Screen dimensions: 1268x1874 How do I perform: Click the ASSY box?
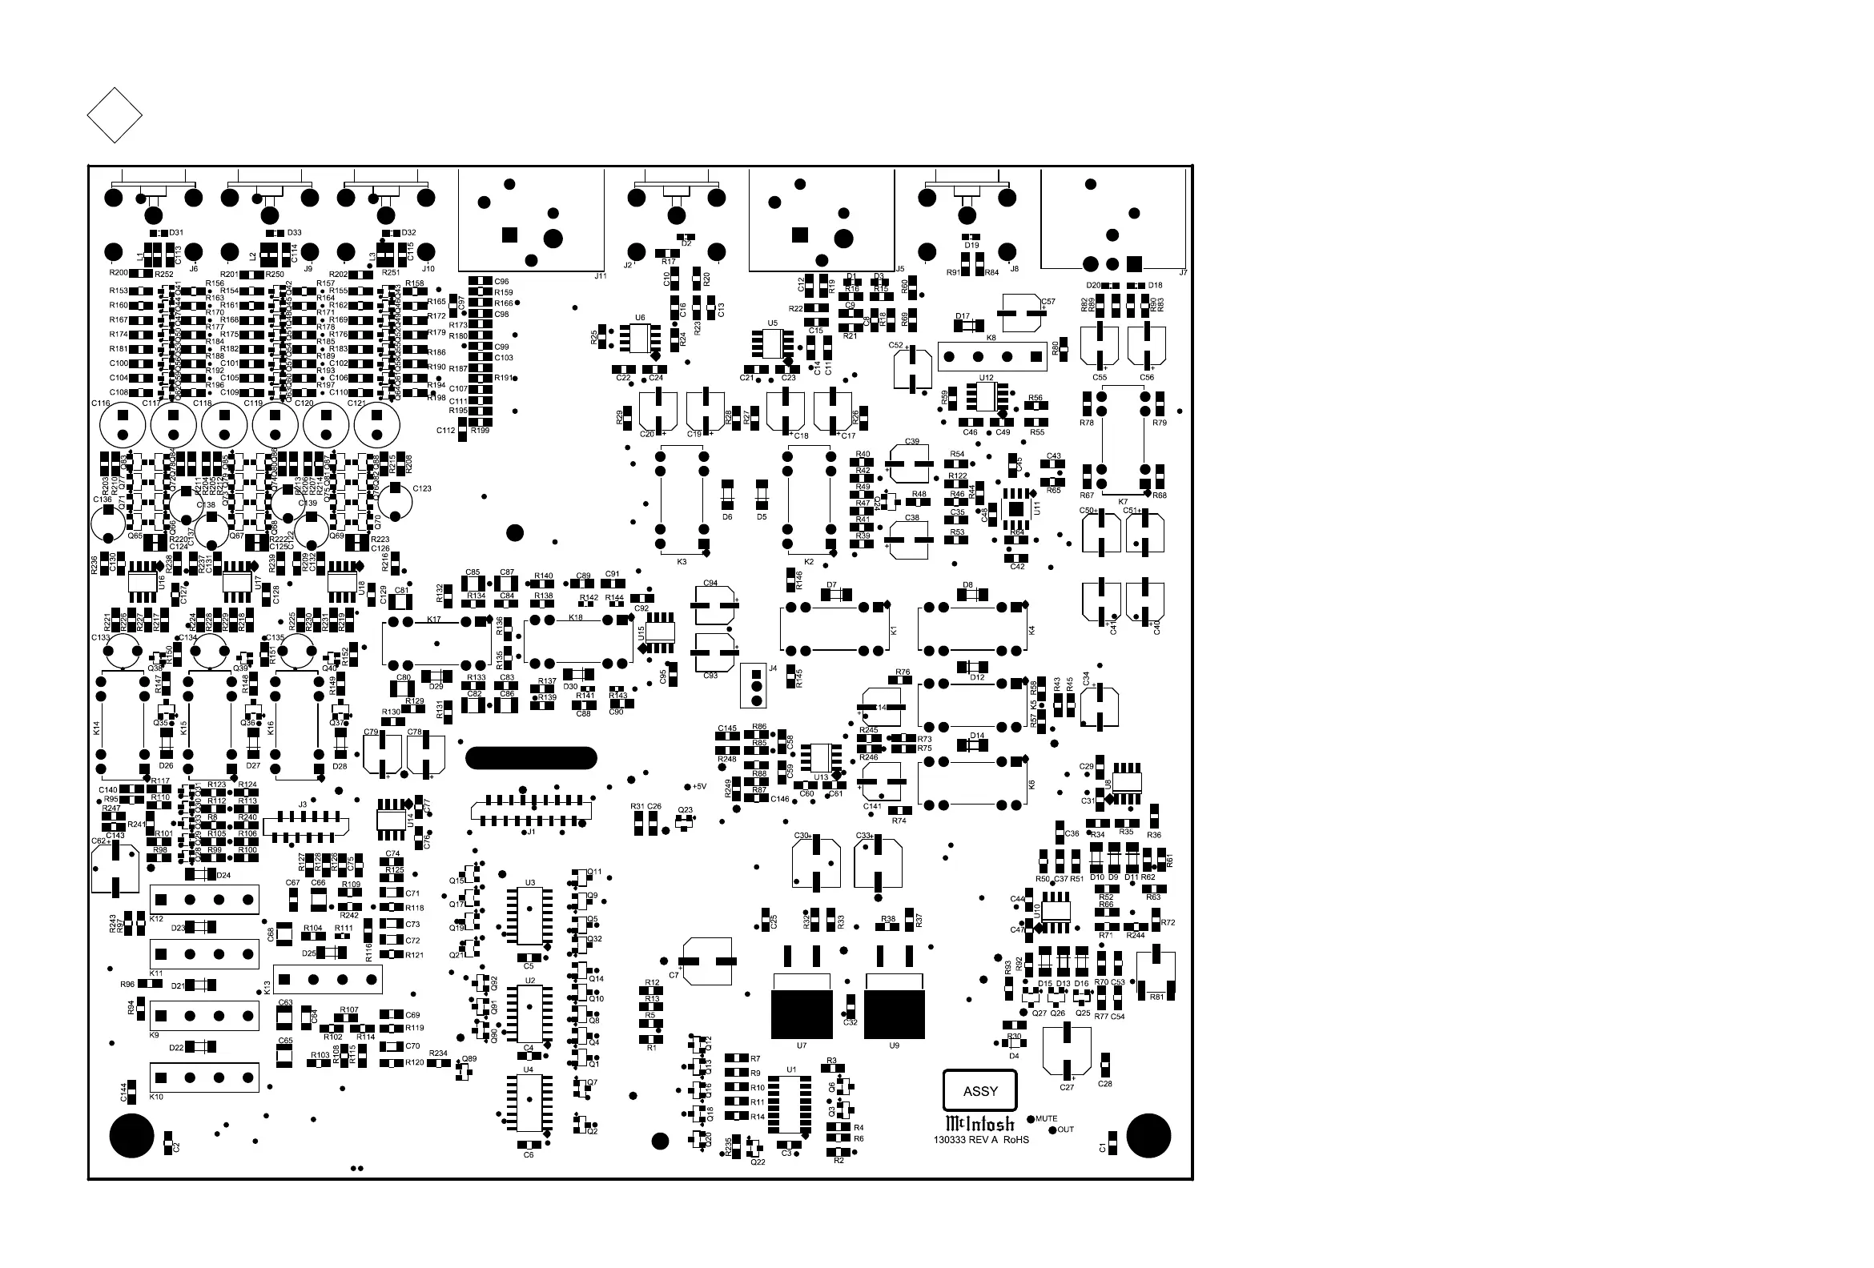pyautogui.click(x=979, y=1090)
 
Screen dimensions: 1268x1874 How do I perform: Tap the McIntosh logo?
pyautogui.click(x=979, y=1123)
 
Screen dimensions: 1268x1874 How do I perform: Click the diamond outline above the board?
pyautogui.click(x=115, y=115)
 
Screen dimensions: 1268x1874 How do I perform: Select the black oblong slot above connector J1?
pyautogui.click(x=532, y=758)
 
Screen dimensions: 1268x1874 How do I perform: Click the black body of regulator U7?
pyautogui.click(x=802, y=1014)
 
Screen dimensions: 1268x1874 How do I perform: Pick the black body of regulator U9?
pyautogui.click(x=895, y=1014)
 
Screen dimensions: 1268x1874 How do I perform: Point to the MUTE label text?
pyautogui.click(x=1046, y=1119)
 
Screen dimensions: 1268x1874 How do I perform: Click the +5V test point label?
pyautogui.click(x=699, y=787)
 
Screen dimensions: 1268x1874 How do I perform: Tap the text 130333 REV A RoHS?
pyautogui.click(x=980, y=1140)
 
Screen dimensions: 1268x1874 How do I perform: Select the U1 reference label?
pyautogui.click(x=791, y=1069)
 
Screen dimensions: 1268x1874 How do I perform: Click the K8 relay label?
pyautogui.click(x=991, y=339)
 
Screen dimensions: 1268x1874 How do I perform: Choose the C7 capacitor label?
pyautogui.click(x=674, y=975)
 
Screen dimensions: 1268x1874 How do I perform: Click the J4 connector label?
pyautogui.click(x=773, y=668)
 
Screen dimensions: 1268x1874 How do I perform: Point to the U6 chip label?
pyautogui.click(x=639, y=318)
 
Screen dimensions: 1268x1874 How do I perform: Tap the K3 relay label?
pyautogui.click(x=682, y=562)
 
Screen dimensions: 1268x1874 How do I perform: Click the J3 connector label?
pyautogui.click(x=303, y=805)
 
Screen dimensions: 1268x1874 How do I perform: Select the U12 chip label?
pyautogui.click(x=986, y=377)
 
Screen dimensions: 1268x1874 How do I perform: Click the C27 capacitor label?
pyautogui.click(x=1067, y=1087)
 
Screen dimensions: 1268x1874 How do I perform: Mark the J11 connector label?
pyautogui.click(x=600, y=275)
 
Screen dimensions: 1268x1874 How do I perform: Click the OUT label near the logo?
pyautogui.click(x=1065, y=1130)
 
